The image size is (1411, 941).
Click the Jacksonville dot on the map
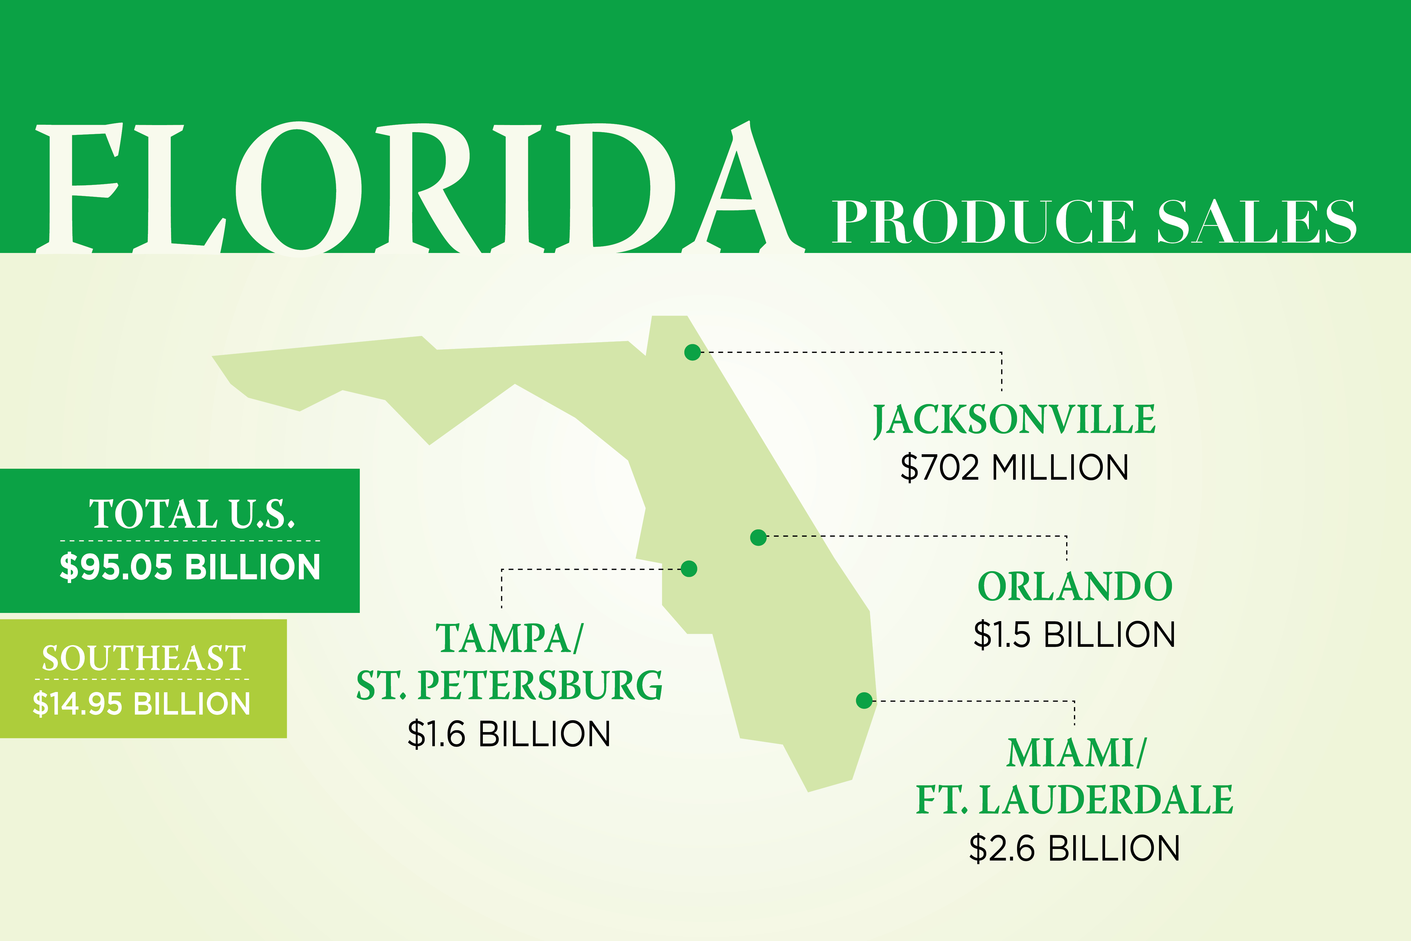point(692,352)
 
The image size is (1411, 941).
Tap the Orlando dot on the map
point(758,537)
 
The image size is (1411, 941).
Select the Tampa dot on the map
point(689,568)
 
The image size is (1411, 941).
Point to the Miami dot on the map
point(864,700)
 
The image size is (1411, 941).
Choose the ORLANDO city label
point(1074,587)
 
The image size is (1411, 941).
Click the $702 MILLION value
point(1014,468)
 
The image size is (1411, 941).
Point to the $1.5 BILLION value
point(1074,635)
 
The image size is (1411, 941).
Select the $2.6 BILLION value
point(1074,848)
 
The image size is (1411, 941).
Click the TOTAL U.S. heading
point(192,514)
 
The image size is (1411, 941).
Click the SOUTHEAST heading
point(143,658)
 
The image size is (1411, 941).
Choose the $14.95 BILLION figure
point(142,704)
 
